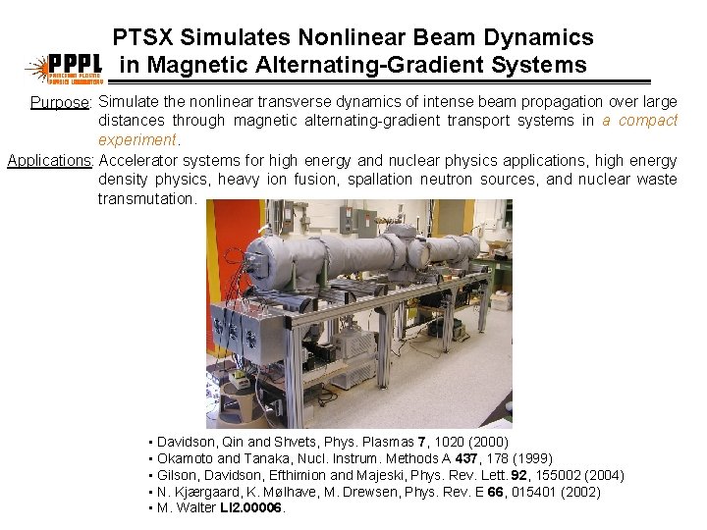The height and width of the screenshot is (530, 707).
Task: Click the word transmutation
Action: click(x=146, y=198)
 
